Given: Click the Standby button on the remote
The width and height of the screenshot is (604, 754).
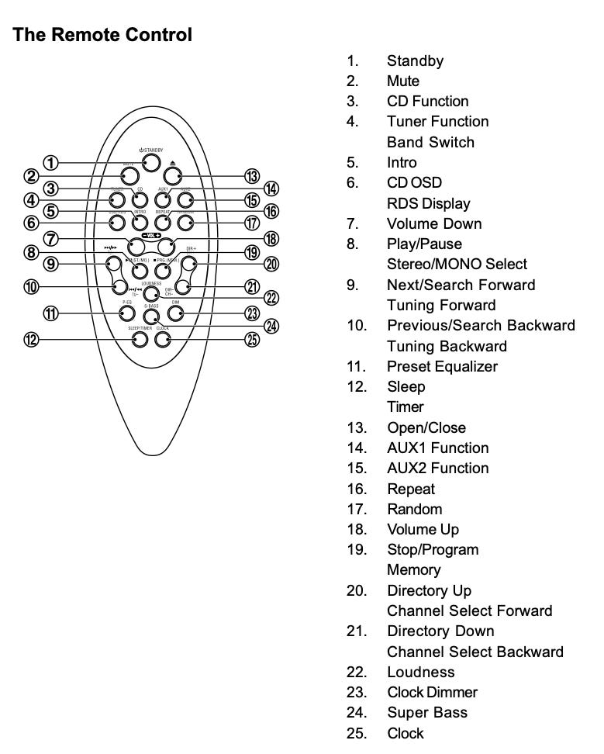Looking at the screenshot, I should pos(150,162).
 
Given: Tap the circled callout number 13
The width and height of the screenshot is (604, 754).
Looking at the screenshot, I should pos(252,177).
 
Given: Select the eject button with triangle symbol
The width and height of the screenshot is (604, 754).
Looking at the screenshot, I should pos(172,177).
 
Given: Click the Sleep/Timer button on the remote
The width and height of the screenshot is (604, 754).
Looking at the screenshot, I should pos(140,339).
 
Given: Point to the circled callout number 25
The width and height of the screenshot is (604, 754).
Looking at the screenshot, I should pos(252,339).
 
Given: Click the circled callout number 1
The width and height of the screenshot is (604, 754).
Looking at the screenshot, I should pos(50,163).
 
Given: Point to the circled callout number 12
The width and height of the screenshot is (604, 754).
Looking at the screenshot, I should pos(31,339).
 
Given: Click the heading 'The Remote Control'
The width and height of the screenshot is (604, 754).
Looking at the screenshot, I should pos(102,35).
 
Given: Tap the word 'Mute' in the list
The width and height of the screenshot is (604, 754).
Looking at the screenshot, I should pos(403,81).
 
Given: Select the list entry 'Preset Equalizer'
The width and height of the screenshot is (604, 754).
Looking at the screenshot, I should pos(442,366).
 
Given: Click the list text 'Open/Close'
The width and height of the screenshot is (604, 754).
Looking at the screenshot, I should pos(426,427).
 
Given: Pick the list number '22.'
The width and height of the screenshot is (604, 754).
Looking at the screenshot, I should pos(357,672).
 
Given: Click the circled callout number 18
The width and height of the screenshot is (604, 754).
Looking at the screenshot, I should pos(271,239).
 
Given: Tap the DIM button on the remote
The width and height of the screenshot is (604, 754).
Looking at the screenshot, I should pos(176,313).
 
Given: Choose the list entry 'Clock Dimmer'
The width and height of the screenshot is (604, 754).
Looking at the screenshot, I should pos(432,692).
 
